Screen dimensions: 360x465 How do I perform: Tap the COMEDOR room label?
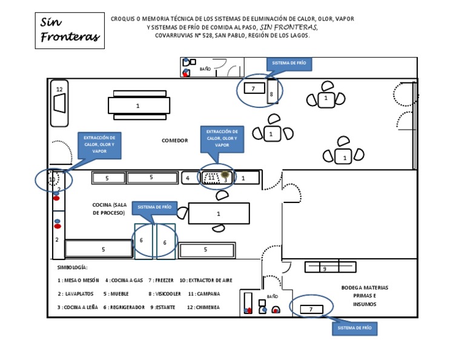(174, 141)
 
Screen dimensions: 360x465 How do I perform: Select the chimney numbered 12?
(59, 103)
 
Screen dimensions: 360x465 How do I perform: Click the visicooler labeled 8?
(272, 93)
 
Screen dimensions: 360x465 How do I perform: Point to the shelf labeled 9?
(329, 267)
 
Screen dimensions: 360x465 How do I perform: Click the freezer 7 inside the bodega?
(311, 309)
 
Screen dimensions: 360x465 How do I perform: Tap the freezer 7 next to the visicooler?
(254, 88)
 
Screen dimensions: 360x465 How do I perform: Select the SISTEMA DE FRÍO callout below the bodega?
(354, 328)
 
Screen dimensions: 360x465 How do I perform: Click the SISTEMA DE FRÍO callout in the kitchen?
(155, 207)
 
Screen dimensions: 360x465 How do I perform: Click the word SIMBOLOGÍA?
(73, 267)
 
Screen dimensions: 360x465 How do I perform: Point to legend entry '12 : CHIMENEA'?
(203, 307)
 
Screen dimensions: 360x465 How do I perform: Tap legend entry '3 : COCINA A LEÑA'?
(77, 307)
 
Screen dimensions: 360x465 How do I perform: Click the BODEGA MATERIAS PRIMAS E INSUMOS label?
(364, 296)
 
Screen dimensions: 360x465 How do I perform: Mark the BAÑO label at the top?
(205, 69)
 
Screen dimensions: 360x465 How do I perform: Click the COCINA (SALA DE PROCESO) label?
(108, 209)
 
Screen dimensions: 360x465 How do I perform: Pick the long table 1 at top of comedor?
(139, 105)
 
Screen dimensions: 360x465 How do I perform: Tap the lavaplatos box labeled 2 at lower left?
(57, 239)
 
